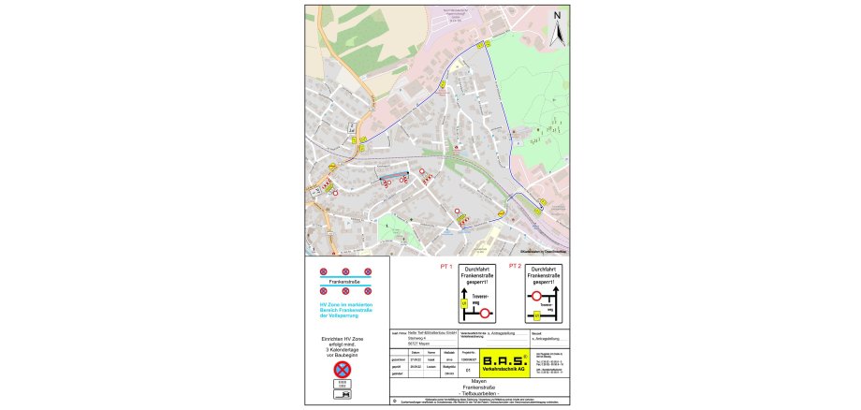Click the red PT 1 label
pos(445,266)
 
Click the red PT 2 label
pos(514,266)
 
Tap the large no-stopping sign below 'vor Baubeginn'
pos(342,370)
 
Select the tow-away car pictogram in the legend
pos(342,397)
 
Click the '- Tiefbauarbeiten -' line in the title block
pos(479,393)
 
